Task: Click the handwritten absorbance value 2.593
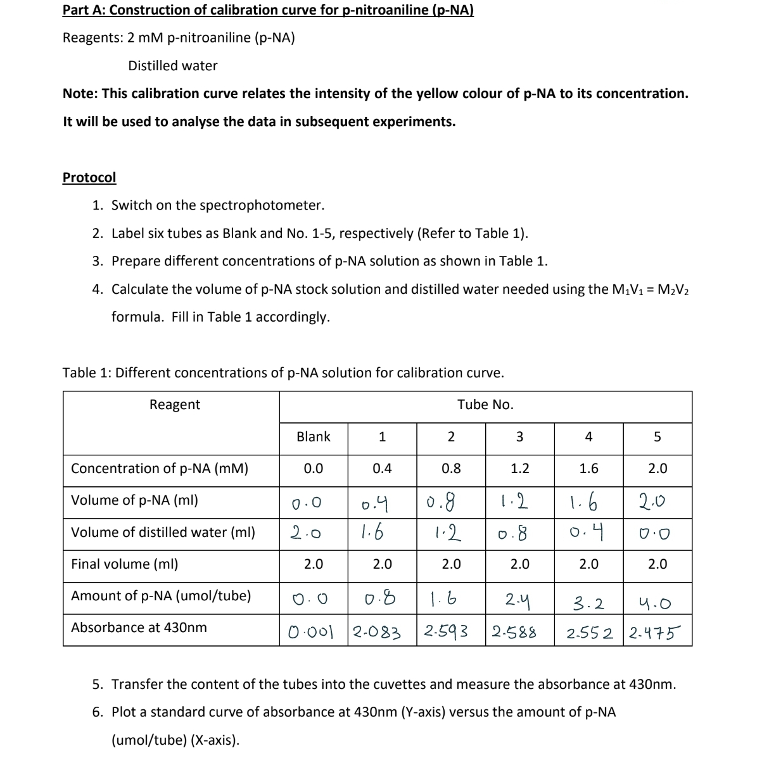coord(447,631)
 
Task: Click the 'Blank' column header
coord(314,437)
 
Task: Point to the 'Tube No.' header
coord(485,405)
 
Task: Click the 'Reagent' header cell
coord(174,405)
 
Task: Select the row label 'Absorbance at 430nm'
coord(139,628)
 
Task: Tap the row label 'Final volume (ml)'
coord(124,564)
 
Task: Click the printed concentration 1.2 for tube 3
coord(520,469)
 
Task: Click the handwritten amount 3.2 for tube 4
coord(588,603)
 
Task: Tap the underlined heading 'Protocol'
coord(89,177)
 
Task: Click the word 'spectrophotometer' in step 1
coord(270,205)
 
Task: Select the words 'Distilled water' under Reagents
coord(172,66)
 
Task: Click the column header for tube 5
coord(657,437)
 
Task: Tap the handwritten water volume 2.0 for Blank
coord(304,533)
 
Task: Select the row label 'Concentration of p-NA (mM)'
coord(160,469)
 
